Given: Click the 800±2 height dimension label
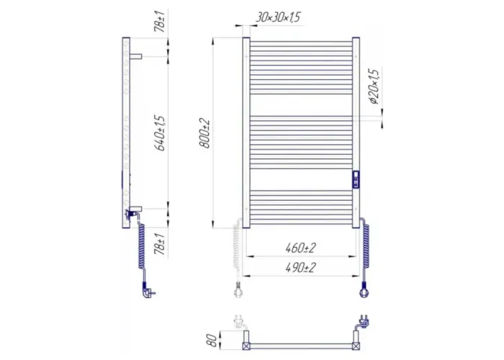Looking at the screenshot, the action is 204,133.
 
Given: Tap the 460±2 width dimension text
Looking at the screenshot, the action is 300,248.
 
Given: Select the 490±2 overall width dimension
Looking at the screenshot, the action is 300,267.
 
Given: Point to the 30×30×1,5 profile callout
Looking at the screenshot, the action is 279,17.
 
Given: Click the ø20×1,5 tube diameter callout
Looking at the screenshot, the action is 374,86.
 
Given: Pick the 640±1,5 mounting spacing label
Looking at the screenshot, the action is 160,132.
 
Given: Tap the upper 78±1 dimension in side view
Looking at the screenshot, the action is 160,21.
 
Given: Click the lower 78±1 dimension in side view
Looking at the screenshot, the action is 160,244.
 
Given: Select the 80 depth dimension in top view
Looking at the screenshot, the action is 212,340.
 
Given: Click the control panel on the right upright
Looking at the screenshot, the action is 356,179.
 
